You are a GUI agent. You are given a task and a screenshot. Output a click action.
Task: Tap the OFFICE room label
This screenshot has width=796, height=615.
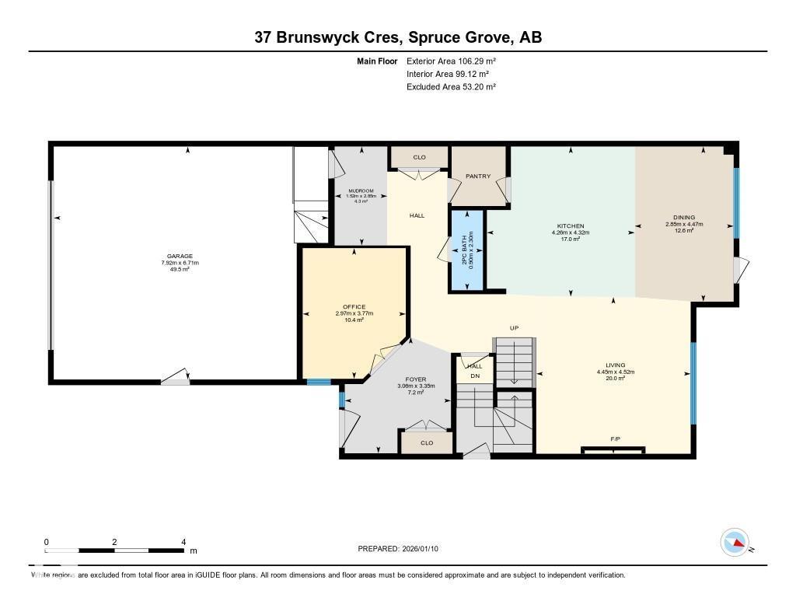point(354,307)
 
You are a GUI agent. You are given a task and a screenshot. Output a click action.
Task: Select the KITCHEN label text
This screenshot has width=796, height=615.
point(570,226)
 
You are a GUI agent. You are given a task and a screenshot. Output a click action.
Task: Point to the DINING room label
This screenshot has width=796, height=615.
point(684,218)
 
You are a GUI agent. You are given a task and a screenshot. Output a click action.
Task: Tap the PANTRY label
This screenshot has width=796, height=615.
point(478,176)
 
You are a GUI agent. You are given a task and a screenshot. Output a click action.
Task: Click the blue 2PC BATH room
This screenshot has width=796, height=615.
point(466,250)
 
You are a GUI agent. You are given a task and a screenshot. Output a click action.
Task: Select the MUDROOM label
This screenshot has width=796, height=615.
point(361,190)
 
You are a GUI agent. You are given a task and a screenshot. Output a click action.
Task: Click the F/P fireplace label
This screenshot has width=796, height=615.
point(615,440)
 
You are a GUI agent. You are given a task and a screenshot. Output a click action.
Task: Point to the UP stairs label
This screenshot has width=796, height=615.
point(514,328)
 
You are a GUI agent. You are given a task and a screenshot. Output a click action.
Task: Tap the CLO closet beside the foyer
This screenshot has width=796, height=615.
point(426,442)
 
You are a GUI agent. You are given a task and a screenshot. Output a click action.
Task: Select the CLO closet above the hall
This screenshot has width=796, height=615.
point(419,157)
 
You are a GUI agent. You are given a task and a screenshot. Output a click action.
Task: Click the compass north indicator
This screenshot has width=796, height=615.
point(735,543)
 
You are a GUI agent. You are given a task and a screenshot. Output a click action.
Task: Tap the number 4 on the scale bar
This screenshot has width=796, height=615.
point(183,542)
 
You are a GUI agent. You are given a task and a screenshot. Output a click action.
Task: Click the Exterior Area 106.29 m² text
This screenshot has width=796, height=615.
point(451,61)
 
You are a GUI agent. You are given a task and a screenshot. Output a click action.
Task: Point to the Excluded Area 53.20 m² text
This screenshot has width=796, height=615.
point(451,87)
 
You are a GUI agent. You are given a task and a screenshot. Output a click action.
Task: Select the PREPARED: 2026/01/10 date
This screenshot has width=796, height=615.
point(403,549)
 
